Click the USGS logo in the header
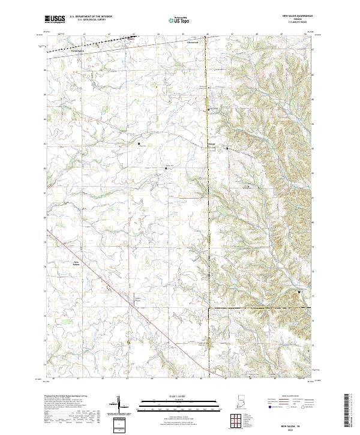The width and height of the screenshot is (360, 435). pyautogui.click(x=55, y=19)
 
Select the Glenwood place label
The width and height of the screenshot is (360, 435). pyautogui.click(x=193, y=42)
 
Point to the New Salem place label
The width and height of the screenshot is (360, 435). pyautogui.click(x=76, y=263)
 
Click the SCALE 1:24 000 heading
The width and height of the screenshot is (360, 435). pyautogui.click(x=178, y=397)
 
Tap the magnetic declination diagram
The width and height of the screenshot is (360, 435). pyautogui.click(x=121, y=406)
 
